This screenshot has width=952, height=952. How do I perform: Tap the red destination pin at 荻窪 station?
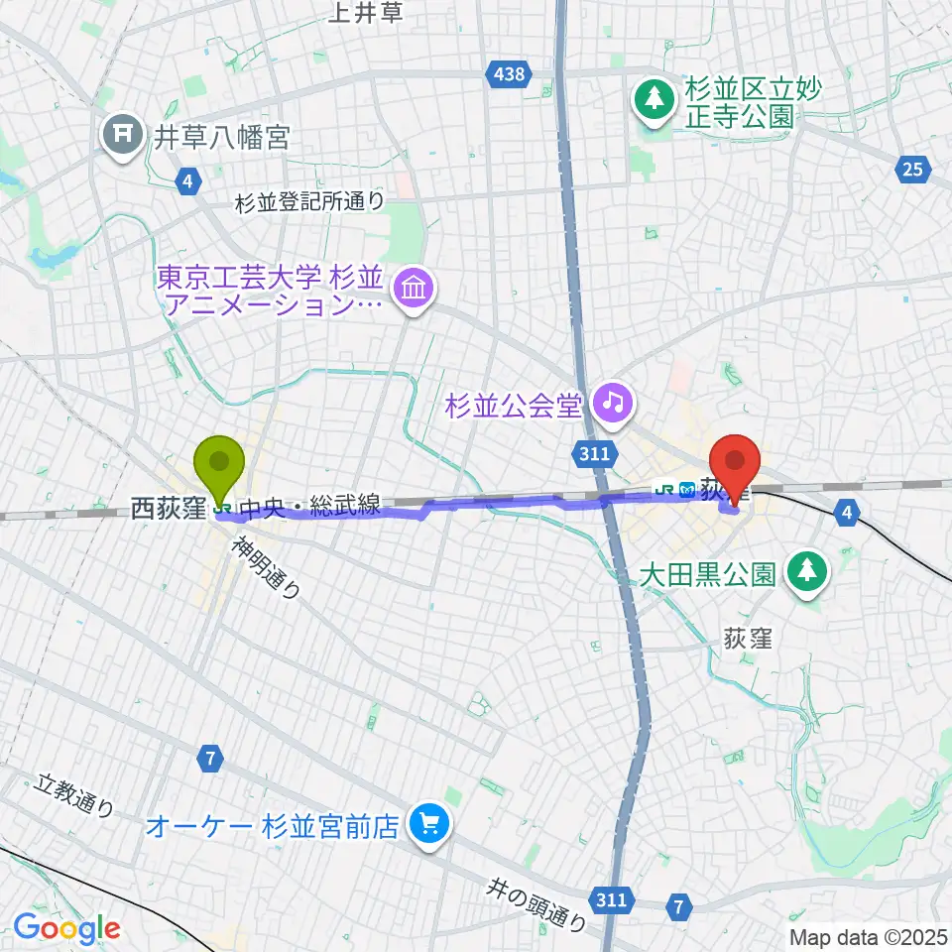pyautogui.click(x=735, y=461)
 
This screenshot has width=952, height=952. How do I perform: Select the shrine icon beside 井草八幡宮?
pyautogui.click(x=123, y=136)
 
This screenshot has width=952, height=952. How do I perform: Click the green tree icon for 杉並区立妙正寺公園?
pyautogui.click(x=654, y=99)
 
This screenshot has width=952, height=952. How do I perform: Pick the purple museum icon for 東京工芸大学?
pyautogui.click(x=411, y=290)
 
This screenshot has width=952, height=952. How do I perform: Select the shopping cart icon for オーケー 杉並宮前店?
pyautogui.click(x=429, y=823)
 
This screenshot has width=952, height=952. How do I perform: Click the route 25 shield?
pyautogui.click(x=913, y=170)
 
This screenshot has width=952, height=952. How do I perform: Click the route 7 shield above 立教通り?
pyautogui.click(x=208, y=759)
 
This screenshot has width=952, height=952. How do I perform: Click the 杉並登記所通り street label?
pyautogui.click(x=309, y=202)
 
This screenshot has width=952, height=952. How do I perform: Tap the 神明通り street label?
pyautogui.click(x=269, y=568)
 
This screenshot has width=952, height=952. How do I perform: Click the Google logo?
pyautogui.click(x=66, y=928)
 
